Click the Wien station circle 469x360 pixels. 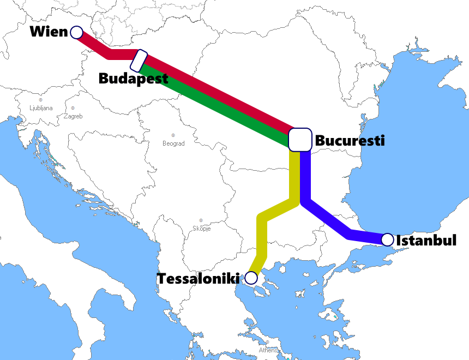(x=76, y=32)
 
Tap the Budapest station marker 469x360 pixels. (x=140, y=60)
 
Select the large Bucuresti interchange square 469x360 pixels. (x=299, y=140)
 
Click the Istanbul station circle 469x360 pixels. (x=387, y=239)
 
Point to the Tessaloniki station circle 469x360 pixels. (x=251, y=278)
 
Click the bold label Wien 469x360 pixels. (x=49, y=32)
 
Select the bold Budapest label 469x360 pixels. (x=133, y=79)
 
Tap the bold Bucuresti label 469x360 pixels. (x=350, y=141)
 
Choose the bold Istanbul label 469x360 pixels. (x=426, y=240)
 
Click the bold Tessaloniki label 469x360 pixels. (x=199, y=279)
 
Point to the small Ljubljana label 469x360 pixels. (x=41, y=108)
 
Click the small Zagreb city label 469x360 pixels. (x=73, y=116)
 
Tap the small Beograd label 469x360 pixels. (x=173, y=143)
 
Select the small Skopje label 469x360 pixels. (x=201, y=229)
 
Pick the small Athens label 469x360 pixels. (x=268, y=350)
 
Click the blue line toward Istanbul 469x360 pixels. (x=327, y=221)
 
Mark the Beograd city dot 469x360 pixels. (x=173, y=135)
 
